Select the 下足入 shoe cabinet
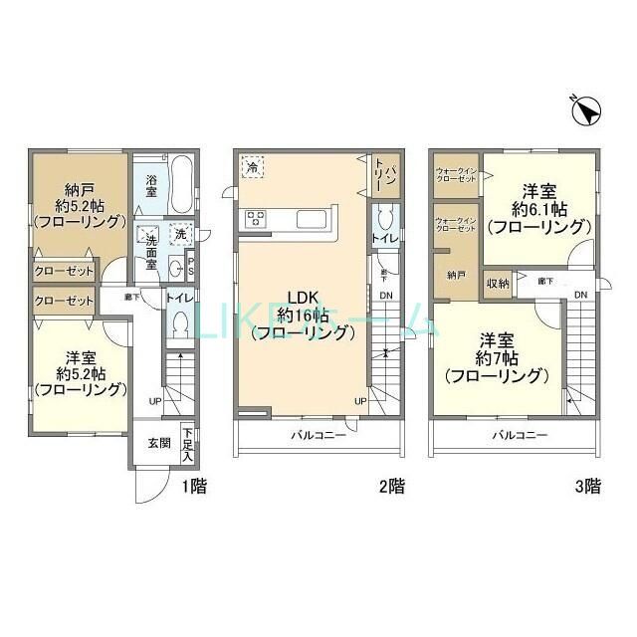click(188, 444)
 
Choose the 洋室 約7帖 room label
click(495, 356)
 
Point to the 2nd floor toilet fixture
click(384, 218)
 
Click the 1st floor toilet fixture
click(179, 322)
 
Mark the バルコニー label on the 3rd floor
click(521, 436)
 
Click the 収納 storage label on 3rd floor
click(498, 284)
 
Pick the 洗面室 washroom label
click(151, 247)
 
